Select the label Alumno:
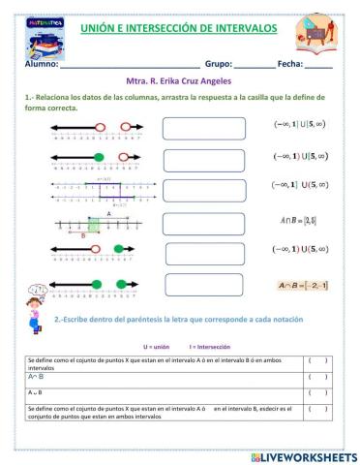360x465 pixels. click(41, 64)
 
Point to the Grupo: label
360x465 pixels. click(218, 64)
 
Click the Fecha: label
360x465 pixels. click(289, 64)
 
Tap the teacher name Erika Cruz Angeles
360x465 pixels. click(204, 82)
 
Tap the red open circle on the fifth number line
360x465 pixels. click(97, 250)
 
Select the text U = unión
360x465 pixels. click(157, 346)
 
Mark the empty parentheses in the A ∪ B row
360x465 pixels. click(318, 393)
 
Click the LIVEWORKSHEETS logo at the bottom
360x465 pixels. click(296, 454)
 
